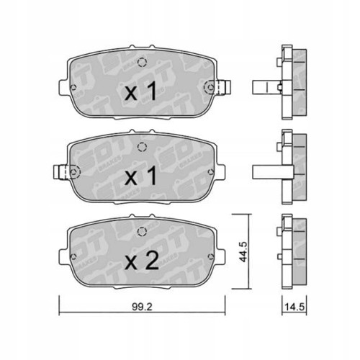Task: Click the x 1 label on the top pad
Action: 142,93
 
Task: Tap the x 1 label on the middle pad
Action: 142,176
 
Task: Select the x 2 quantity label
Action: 142,262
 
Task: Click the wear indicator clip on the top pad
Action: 221,88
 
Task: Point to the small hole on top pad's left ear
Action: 73,88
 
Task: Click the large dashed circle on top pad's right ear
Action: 210,89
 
